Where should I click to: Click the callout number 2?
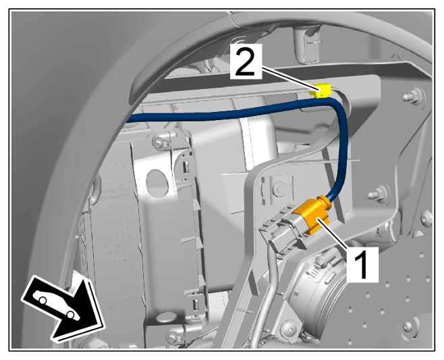point(246,61)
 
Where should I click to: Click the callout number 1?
point(362,264)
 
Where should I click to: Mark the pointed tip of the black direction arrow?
point(103,328)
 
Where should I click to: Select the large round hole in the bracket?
point(157,182)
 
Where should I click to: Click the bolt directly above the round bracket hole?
point(159,141)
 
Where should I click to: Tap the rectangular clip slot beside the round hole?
point(186,166)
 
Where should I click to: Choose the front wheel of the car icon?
point(70,314)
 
